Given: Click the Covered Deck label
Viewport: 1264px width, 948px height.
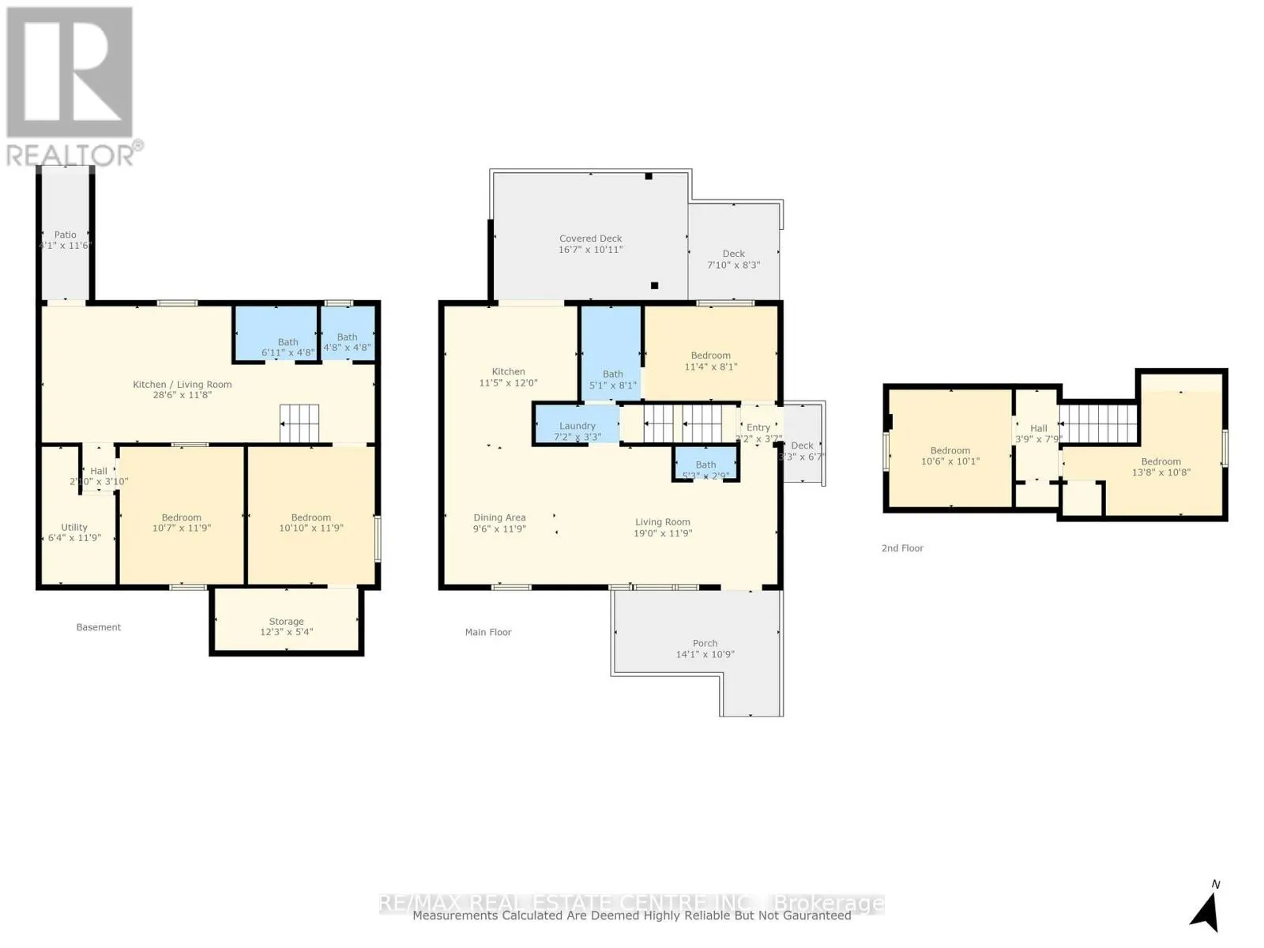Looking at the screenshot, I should click(x=590, y=239).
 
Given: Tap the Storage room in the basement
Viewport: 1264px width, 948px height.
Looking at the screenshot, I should click(x=286, y=626).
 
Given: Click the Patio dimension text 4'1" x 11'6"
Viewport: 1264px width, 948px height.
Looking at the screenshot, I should click(x=66, y=246).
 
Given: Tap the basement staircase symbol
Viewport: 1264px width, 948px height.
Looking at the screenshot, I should click(x=299, y=423).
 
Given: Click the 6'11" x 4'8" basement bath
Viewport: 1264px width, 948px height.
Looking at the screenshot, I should click(x=288, y=348).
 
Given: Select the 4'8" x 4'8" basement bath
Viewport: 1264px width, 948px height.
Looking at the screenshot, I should click(x=347, y=342).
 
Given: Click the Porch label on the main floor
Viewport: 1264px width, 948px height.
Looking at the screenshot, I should click(x=705, y=644).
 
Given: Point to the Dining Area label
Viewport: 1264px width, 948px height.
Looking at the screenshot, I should click(x=499, y=518).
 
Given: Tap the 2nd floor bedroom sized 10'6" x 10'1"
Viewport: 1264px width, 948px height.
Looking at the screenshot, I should click(x=950, y=456).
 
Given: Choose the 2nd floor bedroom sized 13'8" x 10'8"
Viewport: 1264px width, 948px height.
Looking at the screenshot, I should click(x=1160, y=467).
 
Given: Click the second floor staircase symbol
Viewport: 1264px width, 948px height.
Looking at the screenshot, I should click(x=1098, y=423).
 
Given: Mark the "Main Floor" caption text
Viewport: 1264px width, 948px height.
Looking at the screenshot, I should click(x=488, y=632).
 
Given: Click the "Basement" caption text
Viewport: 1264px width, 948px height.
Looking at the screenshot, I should click(x=99, y=627).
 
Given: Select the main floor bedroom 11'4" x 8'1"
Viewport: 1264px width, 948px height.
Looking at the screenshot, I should click(x=710, y=361).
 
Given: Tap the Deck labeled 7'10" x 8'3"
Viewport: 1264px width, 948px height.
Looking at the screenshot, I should click(x=733, y=259).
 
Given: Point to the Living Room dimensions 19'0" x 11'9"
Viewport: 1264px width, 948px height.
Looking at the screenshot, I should click(x=662, y=533).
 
